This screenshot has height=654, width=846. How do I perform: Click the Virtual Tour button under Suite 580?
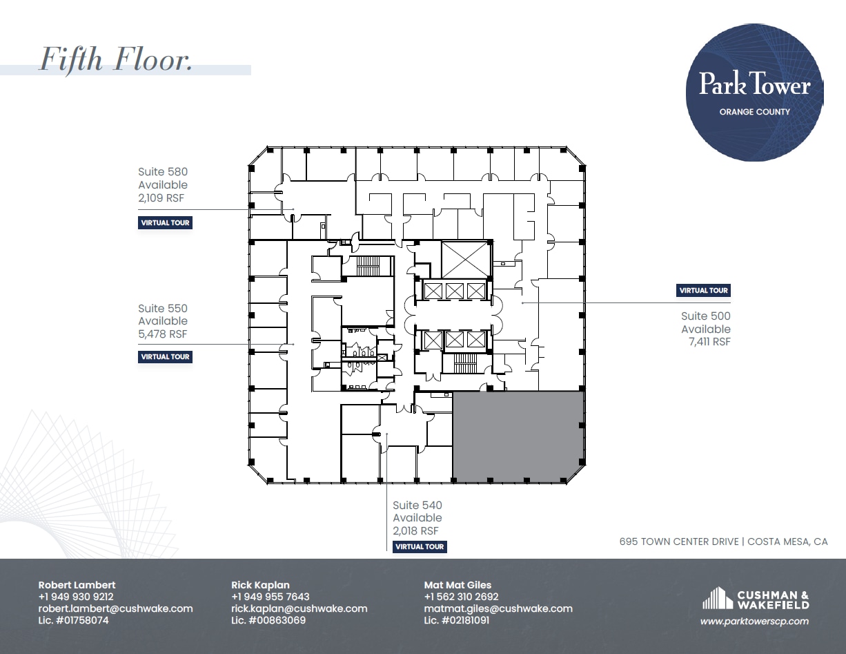pyautogui.click(x=165, y=223)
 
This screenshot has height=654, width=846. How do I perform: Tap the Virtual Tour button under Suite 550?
pyautogui.click(x=165, y=357)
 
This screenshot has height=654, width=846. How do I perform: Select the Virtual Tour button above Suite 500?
pyautogui.click(x=703, y=290)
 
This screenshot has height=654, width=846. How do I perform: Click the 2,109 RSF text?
pyautogui.click(x=161, y=198)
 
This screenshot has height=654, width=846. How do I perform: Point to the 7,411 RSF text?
pyautogui.click(x=709, y=342)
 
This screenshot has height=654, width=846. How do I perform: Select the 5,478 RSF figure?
pyautogui.click(x=163, y=334)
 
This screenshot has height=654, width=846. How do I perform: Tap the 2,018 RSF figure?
pyautogui.click(x=415, y=530)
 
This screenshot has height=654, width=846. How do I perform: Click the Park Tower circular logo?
pyautogui.click(x=754, y=93)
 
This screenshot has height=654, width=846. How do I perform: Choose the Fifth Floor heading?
pyautogui.click(x=116, y=59)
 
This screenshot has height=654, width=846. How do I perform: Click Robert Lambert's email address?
pyautogui.click(x=115, y=608)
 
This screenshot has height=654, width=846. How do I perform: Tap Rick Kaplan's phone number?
pyautogui.click(x=270, y=597)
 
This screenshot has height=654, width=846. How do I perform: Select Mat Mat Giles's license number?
pyautogui.click(x=456, y=620)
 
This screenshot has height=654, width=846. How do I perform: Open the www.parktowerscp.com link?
pyautogui.click(x=754, y=622)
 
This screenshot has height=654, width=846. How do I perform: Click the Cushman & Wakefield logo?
pyautogui.click(x=756, y=598)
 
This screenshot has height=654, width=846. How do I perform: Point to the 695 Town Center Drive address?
pyautogui.click(x=723, y=541)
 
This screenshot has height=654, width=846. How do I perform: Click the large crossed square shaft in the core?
pyautogui.click(x=464, y=260)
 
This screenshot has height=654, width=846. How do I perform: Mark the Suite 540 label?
pyautogui.click(x=417, y=506)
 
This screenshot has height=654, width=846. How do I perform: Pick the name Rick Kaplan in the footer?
pyautogui.click(x=260, y=585)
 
